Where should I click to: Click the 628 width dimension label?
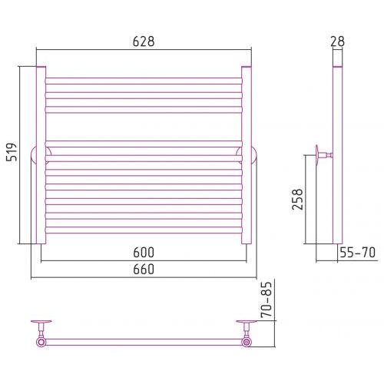tap(144, 41)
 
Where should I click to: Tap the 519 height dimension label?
tap(12, 152)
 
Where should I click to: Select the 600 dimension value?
tap(144, 253)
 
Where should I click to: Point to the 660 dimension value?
tap(144, 269)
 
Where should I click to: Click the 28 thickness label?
tap(337, 41)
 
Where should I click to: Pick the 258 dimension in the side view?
tap(297, 200)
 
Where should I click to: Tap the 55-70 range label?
tap(357, 253)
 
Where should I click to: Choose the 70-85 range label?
tap(266, 300)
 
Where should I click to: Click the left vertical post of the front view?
tap(41, 155)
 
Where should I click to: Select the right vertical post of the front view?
tap(247, 155)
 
